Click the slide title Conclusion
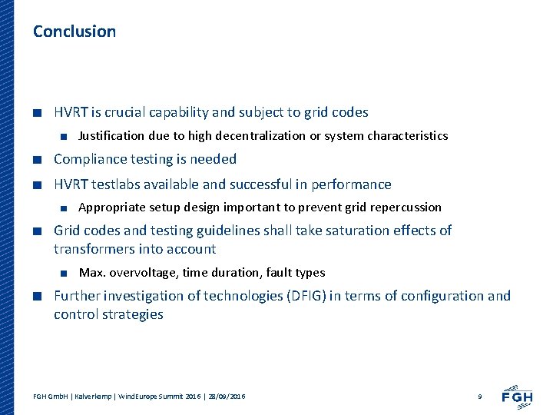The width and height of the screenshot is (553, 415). coord(75,32)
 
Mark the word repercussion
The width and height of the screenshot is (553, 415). coord(406,207)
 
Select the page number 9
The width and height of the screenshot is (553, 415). coord(479,396)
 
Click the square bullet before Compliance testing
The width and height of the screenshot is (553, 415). coord(37,160)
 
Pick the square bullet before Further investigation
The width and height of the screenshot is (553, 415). coord(37,297)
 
